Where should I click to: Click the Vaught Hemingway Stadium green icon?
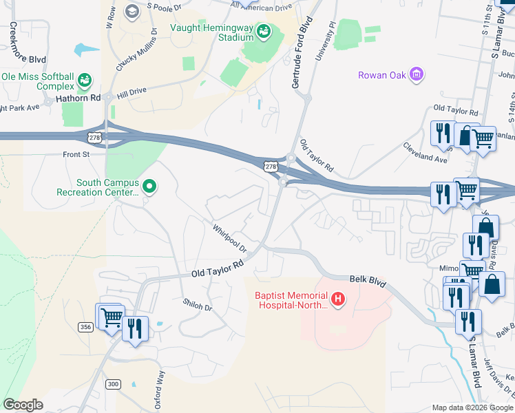click(x=263, y=32)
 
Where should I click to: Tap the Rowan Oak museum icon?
click(x=416, y=74)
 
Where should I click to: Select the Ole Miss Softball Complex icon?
click(x=85, y=81)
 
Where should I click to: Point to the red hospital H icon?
click(x=337, y=299)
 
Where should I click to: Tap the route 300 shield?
click(x=113, y=383)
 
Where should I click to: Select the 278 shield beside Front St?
click(x=95, y=138)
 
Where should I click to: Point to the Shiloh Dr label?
click(x=198, y=302)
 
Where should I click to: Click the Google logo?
click(x=23, y=405)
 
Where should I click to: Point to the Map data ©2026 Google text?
click(x=472, y=407)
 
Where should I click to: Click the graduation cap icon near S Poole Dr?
click(x=132, y=11)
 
